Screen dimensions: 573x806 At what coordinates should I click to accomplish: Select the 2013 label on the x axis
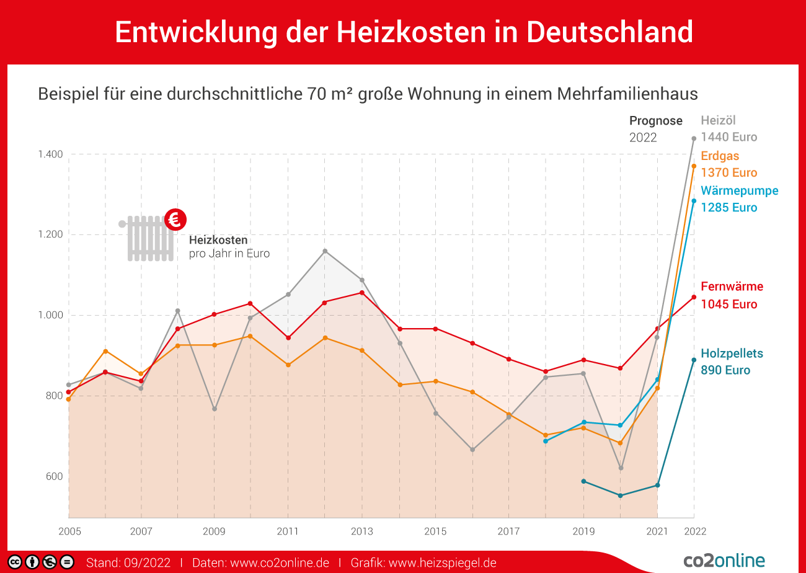pos(361,531)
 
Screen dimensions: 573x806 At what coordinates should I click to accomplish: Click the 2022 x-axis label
pos(694,531)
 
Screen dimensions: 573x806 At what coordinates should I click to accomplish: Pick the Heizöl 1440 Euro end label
pos(728,129)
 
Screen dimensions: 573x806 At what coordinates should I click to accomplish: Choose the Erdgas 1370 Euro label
pos(728,164)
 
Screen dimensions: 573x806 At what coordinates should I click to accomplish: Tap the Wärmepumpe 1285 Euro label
pos(739,199)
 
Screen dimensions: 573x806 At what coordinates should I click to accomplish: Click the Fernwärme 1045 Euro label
pos(732,295)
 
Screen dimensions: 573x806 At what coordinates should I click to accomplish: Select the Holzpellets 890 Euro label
pos(732,362)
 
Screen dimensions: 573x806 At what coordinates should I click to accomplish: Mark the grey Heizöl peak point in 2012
pos(325,251)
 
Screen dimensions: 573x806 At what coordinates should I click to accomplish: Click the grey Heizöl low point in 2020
pos(621,468)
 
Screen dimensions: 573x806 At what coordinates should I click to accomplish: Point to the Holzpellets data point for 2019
pos(583,481)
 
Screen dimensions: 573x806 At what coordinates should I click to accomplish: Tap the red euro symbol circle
pos(175,218)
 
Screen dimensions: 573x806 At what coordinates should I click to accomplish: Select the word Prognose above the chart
pos(655,121)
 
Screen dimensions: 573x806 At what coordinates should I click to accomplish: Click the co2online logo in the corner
pos(724,561)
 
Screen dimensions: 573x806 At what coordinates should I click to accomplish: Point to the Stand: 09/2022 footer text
pos(128,563)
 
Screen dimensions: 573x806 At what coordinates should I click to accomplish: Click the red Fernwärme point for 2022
pos(694,297)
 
